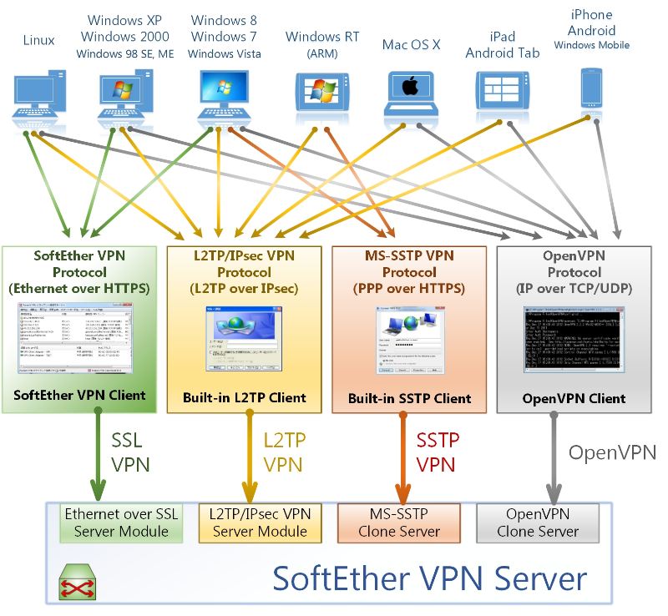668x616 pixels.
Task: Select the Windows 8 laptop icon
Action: (225, 93)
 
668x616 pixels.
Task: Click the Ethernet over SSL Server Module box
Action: (122, 523)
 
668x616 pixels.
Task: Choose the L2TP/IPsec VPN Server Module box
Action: (260, 523)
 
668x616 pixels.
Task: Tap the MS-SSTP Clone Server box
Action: (398, 523)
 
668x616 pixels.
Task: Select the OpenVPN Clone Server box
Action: (538, 523)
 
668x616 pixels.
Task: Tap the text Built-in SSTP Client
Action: (410, 398)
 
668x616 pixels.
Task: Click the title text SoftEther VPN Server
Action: (430, 578)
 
